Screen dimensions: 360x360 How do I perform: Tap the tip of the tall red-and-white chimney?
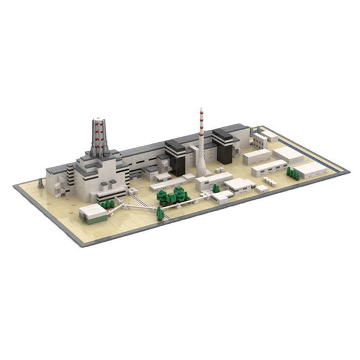pyautogui.click(x=200, y=110)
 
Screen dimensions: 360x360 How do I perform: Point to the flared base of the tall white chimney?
pyautogui.click(x=202, y=170)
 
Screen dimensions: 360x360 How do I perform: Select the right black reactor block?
pyautogui.click(x=224, y=146)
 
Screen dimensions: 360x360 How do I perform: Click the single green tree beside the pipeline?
pyautogui.click(x=160, y=213)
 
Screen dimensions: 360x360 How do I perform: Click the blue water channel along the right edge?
pyautogui.click(x=312, y=151)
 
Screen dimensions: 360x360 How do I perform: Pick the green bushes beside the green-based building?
pyautogui.click(x=107, y=205)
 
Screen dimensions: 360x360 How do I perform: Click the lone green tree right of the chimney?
pyautogui.click(x=216, y=188)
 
